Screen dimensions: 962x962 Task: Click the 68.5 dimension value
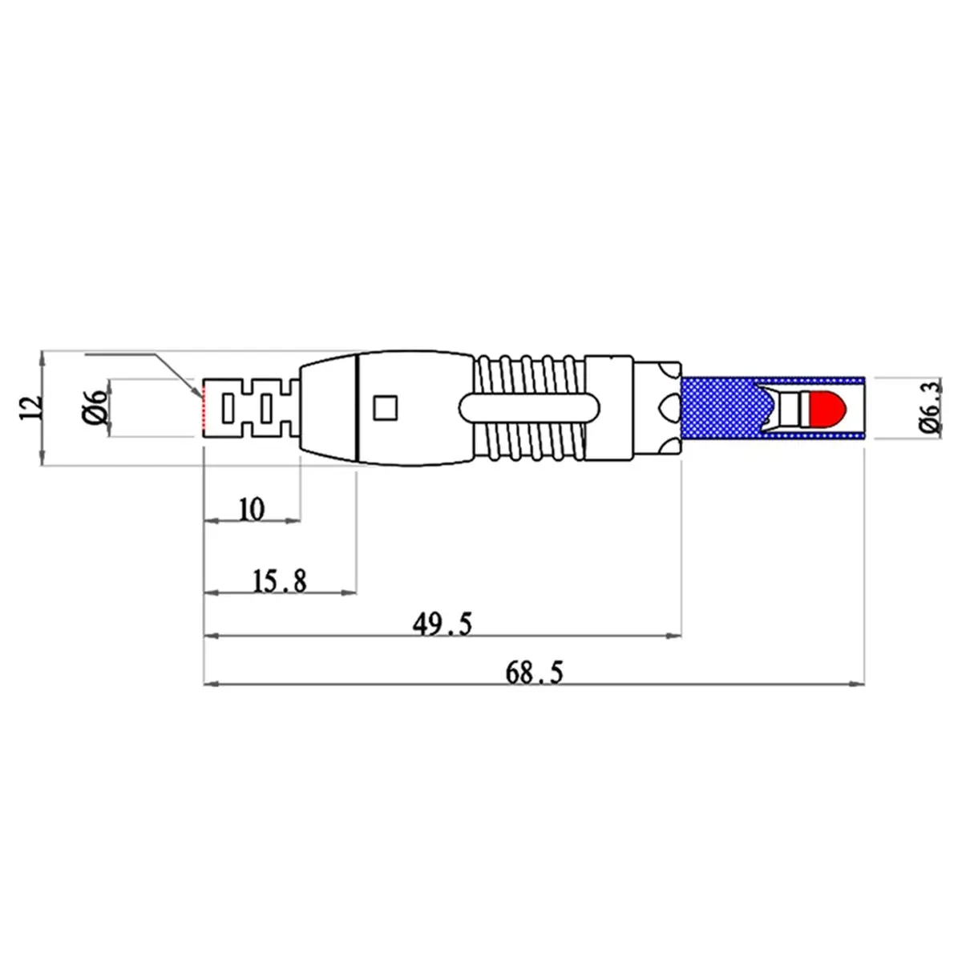[534, 672]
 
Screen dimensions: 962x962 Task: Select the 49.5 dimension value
[442, 624]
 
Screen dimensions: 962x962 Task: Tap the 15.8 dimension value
[280, 581]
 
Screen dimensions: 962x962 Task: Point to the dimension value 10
[252, 510]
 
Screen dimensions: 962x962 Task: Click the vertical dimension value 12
[30, 408]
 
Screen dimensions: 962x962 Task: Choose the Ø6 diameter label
[95, 407]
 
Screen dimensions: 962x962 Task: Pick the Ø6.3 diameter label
[931, 407]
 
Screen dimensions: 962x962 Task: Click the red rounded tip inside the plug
[827, 409]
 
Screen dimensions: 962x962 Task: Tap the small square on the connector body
[386, 407]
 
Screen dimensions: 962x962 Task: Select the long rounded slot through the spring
[528, 408]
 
